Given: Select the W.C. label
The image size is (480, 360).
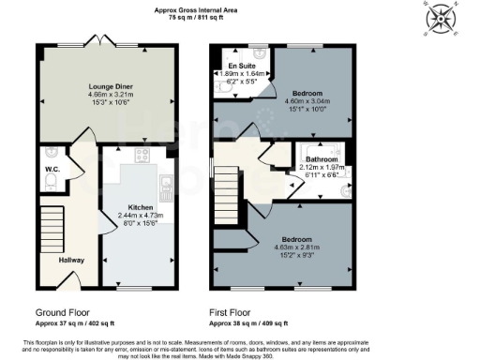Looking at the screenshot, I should click(52, 171).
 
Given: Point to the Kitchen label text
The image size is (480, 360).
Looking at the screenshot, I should click(141, 207).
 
